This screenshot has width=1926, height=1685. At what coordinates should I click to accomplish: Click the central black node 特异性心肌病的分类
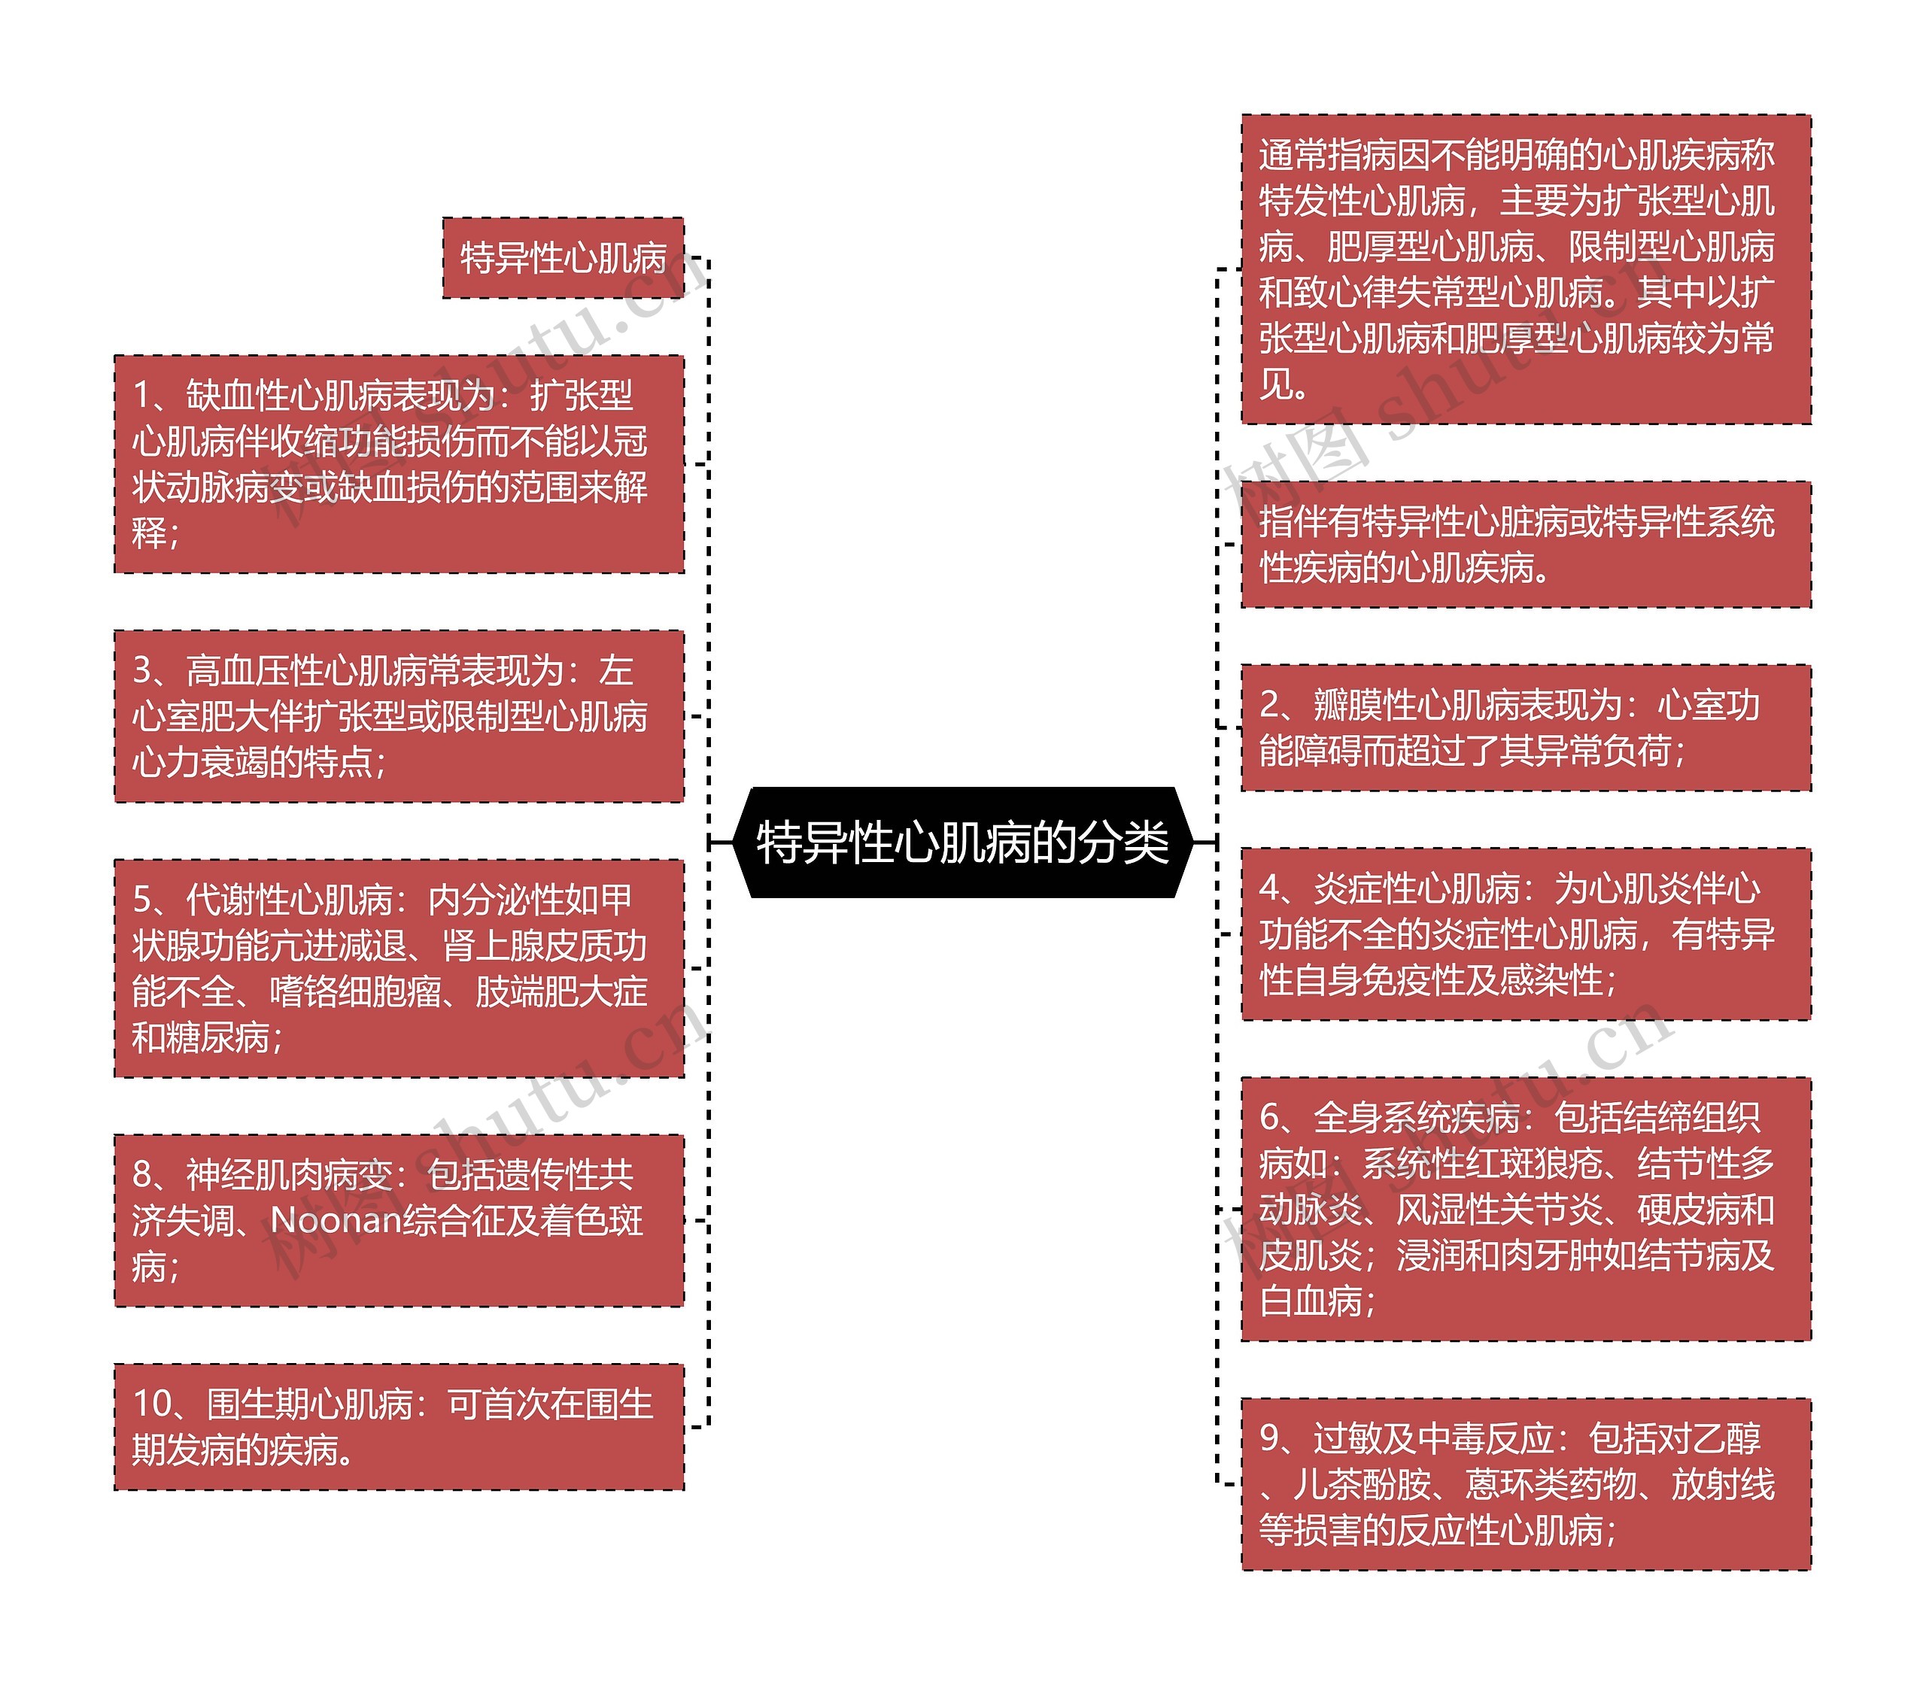[962, 842]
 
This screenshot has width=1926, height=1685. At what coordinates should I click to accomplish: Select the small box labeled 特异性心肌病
[563, 257]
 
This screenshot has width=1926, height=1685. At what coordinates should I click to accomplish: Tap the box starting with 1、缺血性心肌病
[399, 463]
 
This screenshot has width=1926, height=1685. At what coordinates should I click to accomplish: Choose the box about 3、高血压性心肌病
[399, 715]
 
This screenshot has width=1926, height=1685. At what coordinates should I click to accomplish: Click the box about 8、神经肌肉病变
[399, 1219]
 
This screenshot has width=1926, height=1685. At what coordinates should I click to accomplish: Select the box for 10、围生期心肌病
[399, 1426]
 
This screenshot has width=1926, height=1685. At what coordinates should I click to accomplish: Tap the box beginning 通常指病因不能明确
[1526, 269]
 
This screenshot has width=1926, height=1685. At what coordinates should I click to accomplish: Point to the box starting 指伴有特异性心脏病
[1526, 545]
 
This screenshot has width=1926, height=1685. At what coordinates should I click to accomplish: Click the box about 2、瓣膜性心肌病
[1526, 728]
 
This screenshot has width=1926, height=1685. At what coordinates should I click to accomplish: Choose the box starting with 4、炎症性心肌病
[1526, 934]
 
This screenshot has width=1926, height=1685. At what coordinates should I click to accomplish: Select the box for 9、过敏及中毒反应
[1526, 1483]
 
